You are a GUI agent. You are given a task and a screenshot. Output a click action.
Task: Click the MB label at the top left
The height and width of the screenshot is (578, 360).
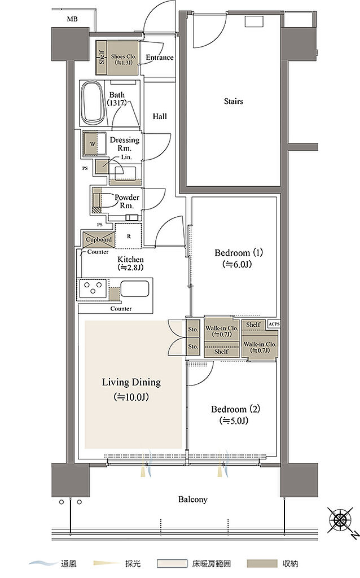click(x=72, y=19)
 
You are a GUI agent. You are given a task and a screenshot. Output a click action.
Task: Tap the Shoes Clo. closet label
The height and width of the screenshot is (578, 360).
click(x=124, y=59)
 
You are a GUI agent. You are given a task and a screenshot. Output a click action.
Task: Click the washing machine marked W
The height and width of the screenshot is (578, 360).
click(x=93, y=144)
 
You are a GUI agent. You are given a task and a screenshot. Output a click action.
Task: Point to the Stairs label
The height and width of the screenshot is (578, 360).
click(x=234, y=101)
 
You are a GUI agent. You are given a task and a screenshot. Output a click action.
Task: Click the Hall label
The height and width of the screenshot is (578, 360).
click(x=160, y=116)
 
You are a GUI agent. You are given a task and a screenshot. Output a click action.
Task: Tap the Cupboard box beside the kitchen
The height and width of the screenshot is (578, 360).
click(x=99, y=239)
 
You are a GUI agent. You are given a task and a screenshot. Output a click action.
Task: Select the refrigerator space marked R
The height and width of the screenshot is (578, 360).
click(x=129, y=237)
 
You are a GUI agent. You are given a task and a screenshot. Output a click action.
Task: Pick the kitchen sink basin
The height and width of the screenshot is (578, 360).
click(x=135, y=288)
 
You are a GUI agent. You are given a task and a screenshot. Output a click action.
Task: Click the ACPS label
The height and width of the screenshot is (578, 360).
click(x=274, y=324)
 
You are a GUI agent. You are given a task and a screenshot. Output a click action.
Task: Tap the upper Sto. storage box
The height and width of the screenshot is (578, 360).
click(x=193, y=329)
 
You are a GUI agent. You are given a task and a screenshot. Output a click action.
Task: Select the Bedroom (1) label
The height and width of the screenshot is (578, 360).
click(x=239, y=253)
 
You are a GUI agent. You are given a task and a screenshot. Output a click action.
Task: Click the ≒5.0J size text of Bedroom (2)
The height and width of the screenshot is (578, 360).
click(x=234, y=421)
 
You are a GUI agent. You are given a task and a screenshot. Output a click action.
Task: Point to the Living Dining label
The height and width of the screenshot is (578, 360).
click(x=131, y=382)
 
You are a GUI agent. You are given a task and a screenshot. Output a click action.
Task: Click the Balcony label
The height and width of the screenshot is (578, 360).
click(x=193, y=500)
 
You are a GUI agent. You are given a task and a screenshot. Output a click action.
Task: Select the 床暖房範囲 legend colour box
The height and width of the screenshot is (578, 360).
click(x=172, y=564)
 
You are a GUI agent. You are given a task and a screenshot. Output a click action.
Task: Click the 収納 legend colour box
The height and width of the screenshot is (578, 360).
click(x=262, y=564)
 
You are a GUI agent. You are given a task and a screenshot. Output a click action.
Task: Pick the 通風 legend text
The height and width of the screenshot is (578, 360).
click(x=68, y=564)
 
